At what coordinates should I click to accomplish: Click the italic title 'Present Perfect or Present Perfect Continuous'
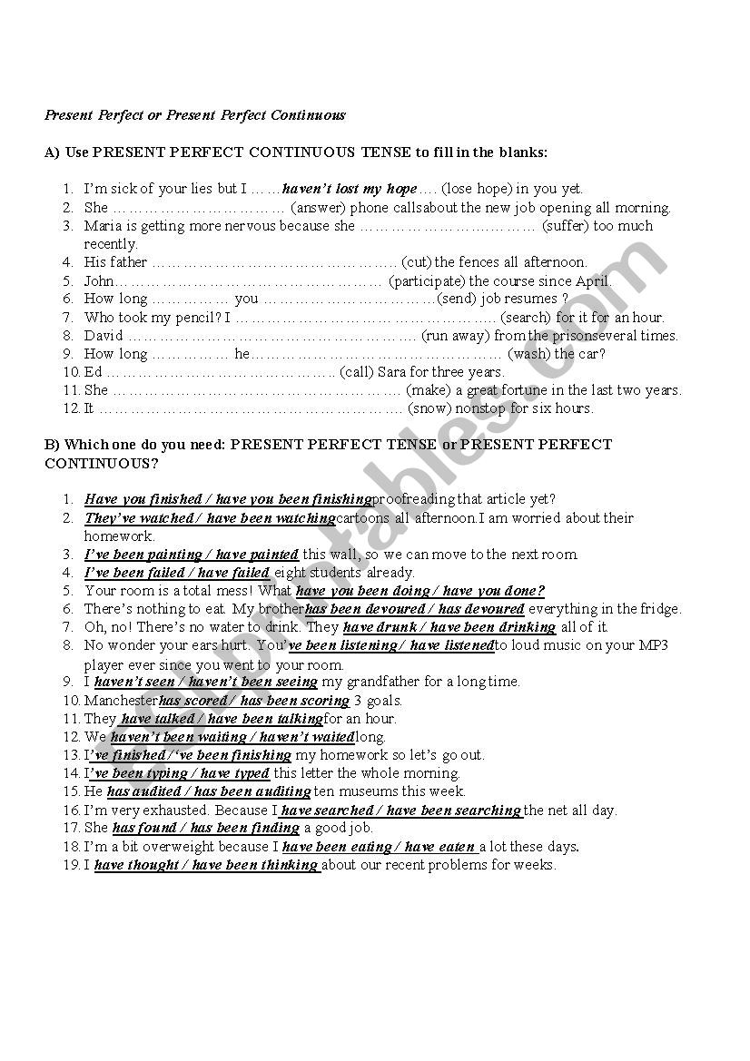pos(195,115)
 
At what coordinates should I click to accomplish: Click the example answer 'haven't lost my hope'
pos(350,189)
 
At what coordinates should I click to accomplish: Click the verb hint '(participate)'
pos(427,280)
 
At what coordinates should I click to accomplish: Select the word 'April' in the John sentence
pos(593,280)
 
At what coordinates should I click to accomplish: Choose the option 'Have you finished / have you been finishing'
pos(228,499)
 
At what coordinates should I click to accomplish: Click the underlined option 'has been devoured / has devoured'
pos(415,609)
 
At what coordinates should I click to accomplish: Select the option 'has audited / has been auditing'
pos(209,791)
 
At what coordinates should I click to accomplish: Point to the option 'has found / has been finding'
pos(206,828)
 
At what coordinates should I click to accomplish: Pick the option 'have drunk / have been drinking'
pos(449,627)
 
